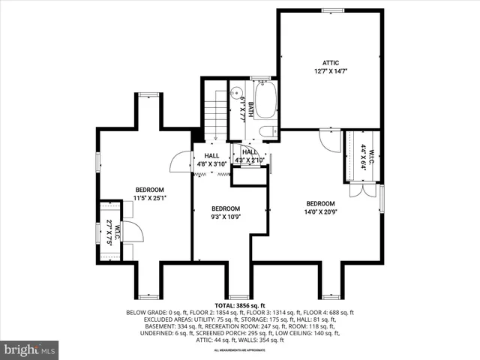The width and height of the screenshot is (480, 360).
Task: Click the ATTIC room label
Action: tap(331, 62)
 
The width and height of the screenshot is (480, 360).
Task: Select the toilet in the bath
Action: tap(265, 132)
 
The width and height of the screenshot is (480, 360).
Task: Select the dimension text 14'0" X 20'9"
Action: tap(319, 213)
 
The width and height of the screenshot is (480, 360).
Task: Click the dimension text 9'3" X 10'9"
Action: tap(225, 217)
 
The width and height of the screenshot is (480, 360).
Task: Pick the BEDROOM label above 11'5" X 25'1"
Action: tap(149, 189)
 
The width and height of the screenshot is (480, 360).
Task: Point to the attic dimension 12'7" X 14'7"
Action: tap(331, 71)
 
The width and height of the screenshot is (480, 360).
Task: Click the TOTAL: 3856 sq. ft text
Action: tap(240, 306)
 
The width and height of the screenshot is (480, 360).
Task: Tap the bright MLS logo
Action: tap(30, 349)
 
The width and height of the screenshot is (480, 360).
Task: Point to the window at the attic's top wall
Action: tap(331, 10)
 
